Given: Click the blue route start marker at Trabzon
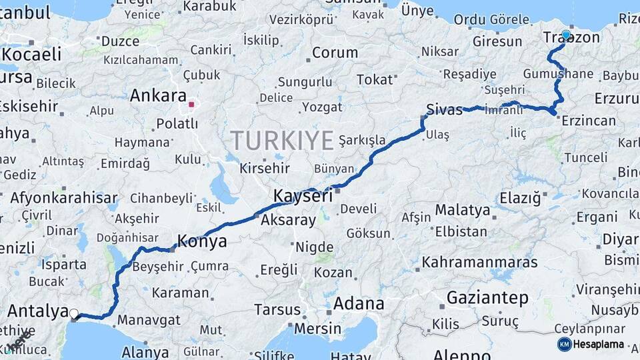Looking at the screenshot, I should [566, 35].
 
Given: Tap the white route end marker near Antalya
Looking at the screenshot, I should [74, 313].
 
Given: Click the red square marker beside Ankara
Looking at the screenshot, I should [191, 104].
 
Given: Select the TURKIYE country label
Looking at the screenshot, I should [282, 141].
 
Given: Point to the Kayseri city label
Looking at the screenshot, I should [303, 196].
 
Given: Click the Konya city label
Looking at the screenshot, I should [201, 241].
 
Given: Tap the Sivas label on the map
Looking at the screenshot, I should [445, 110].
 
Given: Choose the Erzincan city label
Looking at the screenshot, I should [589, 121].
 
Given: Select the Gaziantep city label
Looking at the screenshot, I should [487, 298].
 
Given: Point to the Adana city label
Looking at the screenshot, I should [359, 304].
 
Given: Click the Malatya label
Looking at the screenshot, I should [463, 211].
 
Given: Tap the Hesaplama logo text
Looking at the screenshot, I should [599, 344].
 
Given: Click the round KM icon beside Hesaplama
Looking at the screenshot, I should [564, 344].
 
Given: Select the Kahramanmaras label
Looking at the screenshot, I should [480, 262].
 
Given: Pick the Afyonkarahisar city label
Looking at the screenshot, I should [64, 198].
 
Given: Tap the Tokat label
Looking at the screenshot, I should [375, 79].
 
